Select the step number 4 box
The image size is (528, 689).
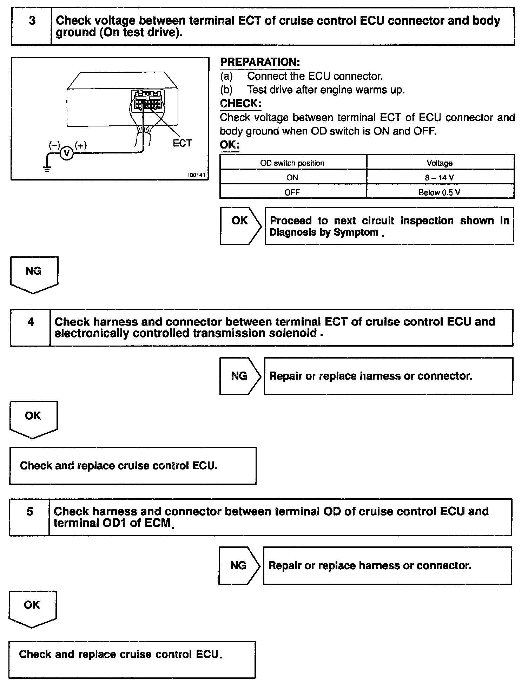[31, 328]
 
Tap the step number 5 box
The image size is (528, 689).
[30, 517]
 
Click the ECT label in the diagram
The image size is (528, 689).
[182, 143]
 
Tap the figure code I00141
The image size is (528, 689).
[196, 175]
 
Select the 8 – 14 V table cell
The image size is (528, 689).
[440, 178]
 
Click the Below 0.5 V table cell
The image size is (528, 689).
[440, 192]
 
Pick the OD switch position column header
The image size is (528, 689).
[292, 163]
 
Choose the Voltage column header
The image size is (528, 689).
[440, 163]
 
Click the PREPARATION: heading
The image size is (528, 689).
[260, 62]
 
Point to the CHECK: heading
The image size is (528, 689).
[240, 104]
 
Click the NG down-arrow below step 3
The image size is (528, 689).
[34, 274]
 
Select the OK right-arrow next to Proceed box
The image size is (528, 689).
[240, 225]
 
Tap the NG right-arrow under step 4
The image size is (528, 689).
[240, 376]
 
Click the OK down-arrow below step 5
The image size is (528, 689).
[32, 608]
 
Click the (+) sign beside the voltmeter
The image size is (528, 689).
[81, 145]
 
